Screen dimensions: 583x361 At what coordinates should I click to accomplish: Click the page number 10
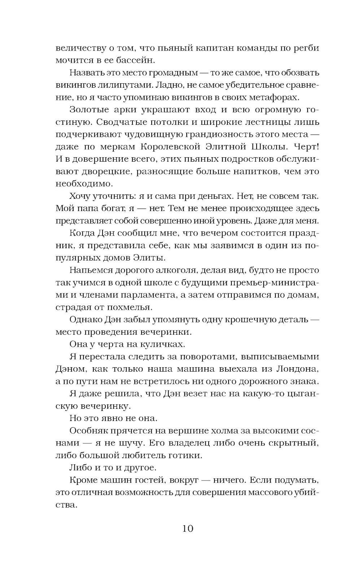coord(188,529)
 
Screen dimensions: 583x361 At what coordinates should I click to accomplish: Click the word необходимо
coord(84,184)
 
